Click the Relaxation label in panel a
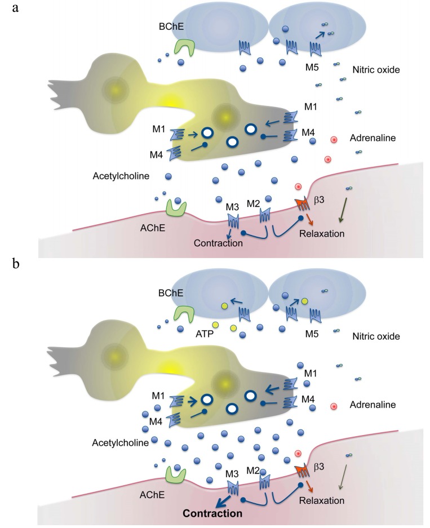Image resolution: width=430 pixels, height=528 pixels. pyautogui.click(x=322, y=233)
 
